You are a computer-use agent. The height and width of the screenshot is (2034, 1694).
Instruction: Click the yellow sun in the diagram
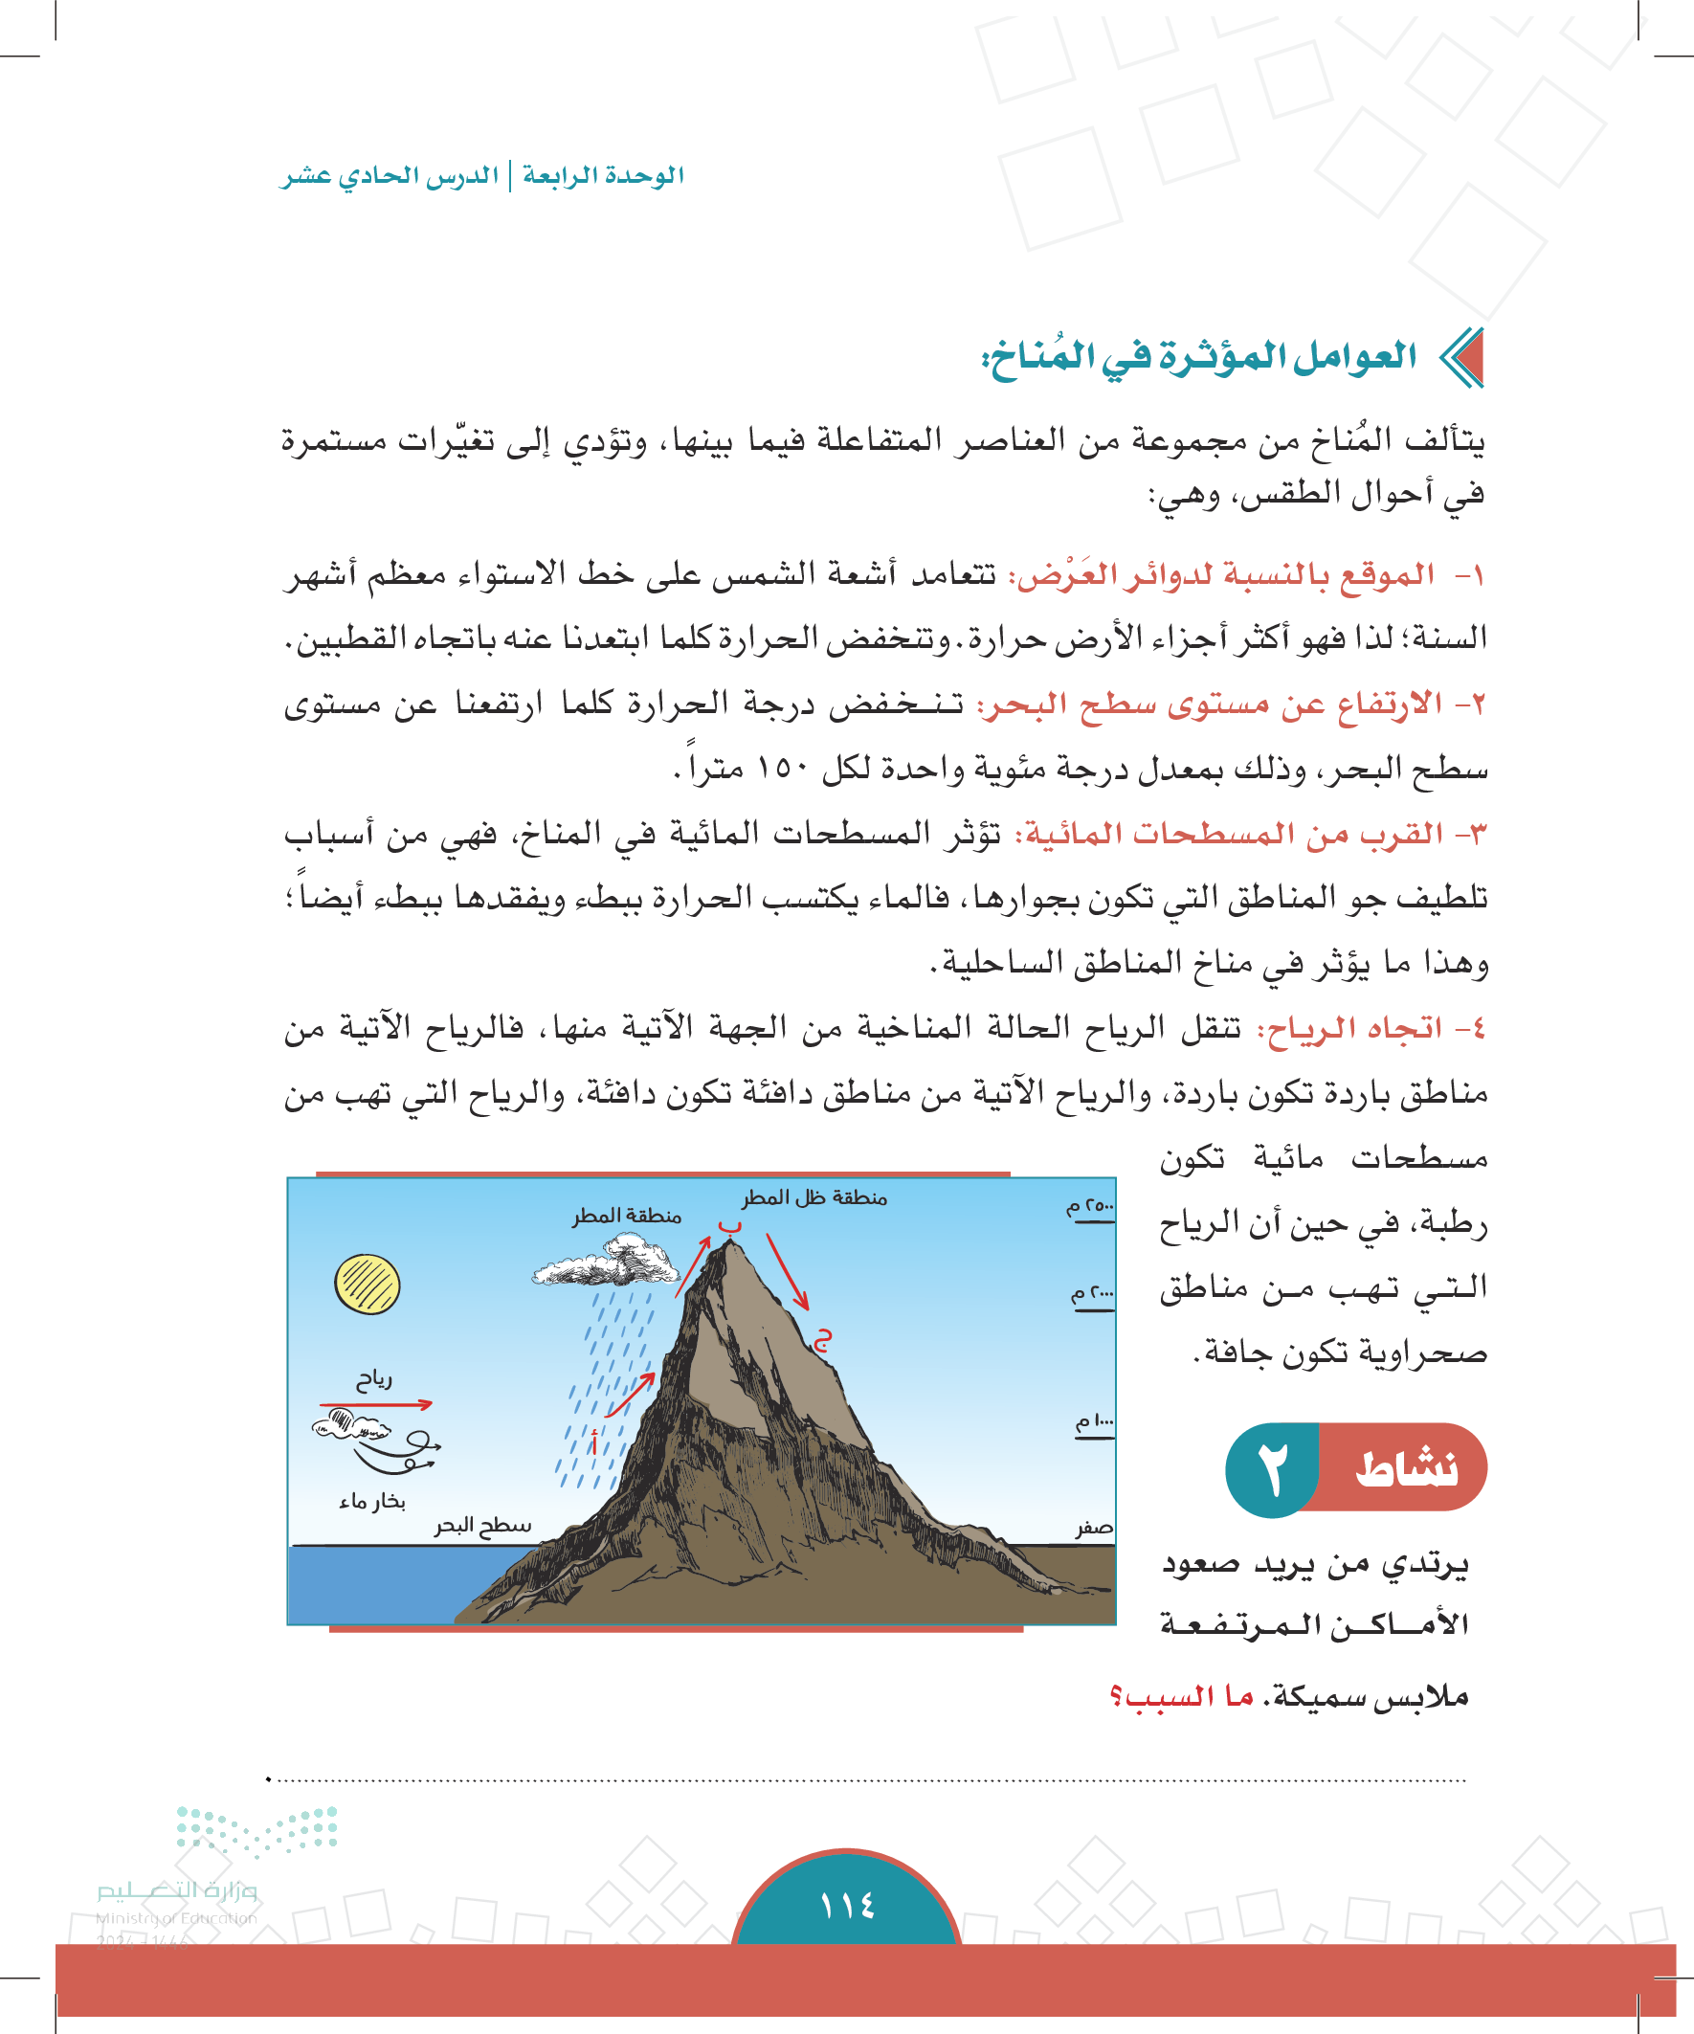pos(368,1285)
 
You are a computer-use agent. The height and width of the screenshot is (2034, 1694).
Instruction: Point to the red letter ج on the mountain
pos(822,1340)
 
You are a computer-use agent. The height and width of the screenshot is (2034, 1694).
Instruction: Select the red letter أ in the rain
pos(593,1442)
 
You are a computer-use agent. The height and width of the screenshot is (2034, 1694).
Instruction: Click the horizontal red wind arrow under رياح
pos(376,1403)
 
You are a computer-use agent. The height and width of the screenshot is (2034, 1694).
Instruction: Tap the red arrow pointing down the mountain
pos(787,1271)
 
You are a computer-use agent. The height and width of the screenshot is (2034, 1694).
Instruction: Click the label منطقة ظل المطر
pos(814,1198)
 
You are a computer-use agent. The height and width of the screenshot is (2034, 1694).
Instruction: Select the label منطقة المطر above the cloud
pos(627,1216)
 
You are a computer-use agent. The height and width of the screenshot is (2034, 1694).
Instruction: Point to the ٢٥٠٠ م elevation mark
pos(1091,1208)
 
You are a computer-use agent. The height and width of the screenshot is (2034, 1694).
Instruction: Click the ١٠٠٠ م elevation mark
pos(1095,1422)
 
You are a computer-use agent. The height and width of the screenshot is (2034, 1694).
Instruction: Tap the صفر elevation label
pos(1095,1528)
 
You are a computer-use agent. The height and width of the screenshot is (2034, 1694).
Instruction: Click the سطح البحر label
pos(482,1526)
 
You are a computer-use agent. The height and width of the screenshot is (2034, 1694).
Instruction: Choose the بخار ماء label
pos(372,1501)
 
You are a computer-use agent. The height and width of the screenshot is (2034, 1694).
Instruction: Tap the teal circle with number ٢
pos(1271,1469)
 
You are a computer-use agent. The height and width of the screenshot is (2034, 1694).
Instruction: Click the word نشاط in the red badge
pos(1406,1468)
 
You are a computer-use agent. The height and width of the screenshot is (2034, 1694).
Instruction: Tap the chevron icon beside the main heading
pos(1460,358)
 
